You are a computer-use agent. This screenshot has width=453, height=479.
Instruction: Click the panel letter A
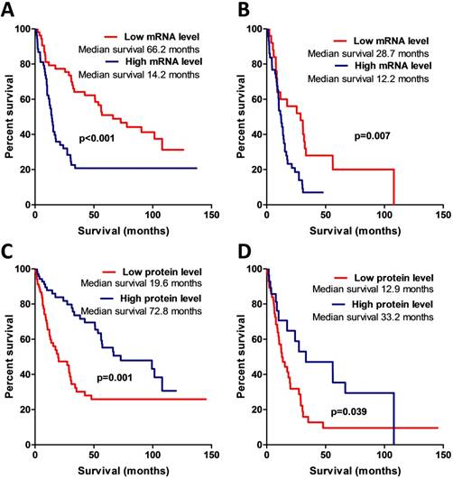9,10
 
